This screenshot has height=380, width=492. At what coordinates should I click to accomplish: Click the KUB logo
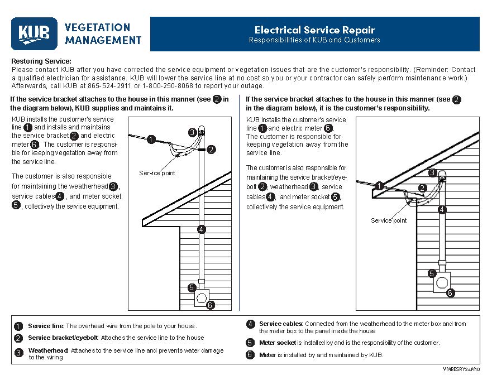point(34,33)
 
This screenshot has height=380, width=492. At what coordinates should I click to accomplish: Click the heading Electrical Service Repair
point(314,30)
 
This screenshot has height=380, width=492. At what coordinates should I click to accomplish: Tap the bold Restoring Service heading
point(41,61)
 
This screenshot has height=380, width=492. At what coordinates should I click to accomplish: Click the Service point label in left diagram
point(157,173)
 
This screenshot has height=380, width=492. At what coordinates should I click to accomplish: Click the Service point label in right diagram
point(389,220)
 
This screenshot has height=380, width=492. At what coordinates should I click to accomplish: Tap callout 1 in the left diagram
point(151,140)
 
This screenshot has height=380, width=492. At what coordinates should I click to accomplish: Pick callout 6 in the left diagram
point(210,305)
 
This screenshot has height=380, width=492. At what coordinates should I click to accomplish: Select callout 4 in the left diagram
point(202,229)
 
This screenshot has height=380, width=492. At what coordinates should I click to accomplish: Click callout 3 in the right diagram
point(432,173)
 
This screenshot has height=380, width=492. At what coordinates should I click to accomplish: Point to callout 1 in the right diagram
point(379,186)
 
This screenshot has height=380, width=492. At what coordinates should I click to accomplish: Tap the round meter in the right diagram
point(442,282)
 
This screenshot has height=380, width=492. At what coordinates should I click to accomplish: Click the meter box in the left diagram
point(201,297)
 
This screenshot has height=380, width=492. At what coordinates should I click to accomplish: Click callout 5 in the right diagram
point(432,273)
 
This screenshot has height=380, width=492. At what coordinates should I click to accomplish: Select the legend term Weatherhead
point(48,350)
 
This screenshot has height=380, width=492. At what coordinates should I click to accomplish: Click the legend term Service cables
point(280,324)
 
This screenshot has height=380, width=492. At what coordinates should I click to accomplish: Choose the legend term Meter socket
point(278,343)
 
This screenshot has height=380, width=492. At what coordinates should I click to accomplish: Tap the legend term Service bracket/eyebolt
point(63,338)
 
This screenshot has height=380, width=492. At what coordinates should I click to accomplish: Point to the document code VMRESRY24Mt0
point(462,369)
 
